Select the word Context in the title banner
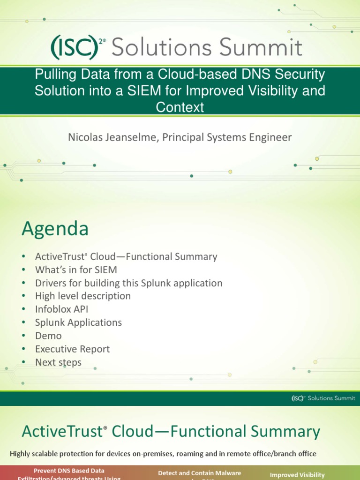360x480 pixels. (x=180, y=107)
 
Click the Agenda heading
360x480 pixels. (x=55, y=229)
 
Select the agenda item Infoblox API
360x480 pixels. (x=61, y=309)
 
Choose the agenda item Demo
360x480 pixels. (x=48, y=336)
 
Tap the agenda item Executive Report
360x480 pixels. (x=72, y=349)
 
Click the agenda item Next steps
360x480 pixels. (x=58, y=362)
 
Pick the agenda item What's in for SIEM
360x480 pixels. (x=76, y=270)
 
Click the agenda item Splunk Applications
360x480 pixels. (x=78, y=322)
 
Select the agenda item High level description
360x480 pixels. (x=83, y=296)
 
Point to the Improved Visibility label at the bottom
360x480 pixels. (x=297, y=475)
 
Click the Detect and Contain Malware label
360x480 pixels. (x=200, y=473)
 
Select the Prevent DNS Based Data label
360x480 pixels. (x=69, y=470)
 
